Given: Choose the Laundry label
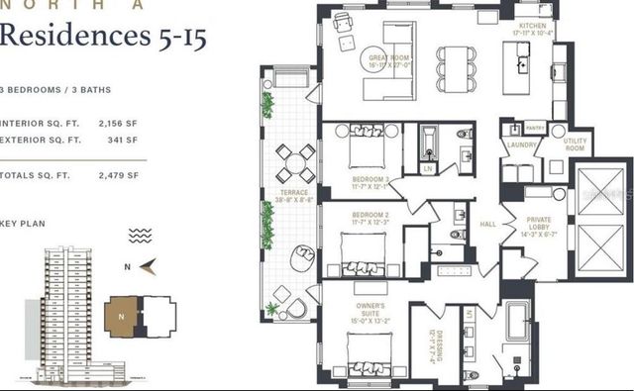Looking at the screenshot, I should tap(521, 146).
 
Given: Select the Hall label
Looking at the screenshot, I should tap(487, 225).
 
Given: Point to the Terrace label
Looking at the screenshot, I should tap(293, 196).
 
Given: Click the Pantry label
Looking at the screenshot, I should tap(536, 128).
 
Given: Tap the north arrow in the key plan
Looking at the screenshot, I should tap(146, 264).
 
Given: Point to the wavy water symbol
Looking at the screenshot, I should tap(140, 236).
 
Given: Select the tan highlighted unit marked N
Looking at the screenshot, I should tap(123, 316).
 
